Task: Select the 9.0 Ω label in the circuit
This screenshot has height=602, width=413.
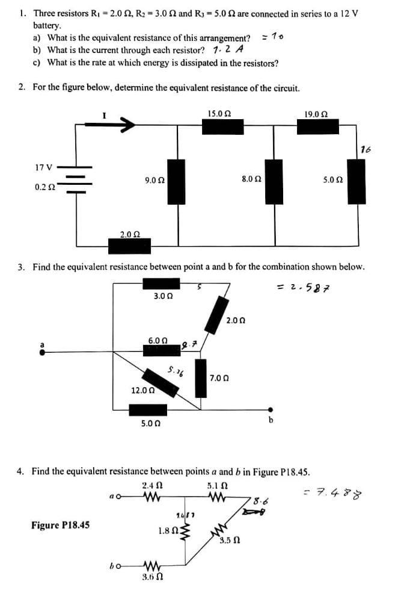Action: [x=154, y=179]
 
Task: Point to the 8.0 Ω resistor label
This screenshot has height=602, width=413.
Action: [x=250, y=179]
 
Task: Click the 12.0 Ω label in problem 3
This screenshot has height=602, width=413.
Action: [x=143, y=390]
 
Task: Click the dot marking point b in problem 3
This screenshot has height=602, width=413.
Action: [x=271, y=409]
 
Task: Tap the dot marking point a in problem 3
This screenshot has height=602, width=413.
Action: [x=41, y=353]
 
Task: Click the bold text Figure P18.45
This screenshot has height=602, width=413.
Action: [x=61, y=525]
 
